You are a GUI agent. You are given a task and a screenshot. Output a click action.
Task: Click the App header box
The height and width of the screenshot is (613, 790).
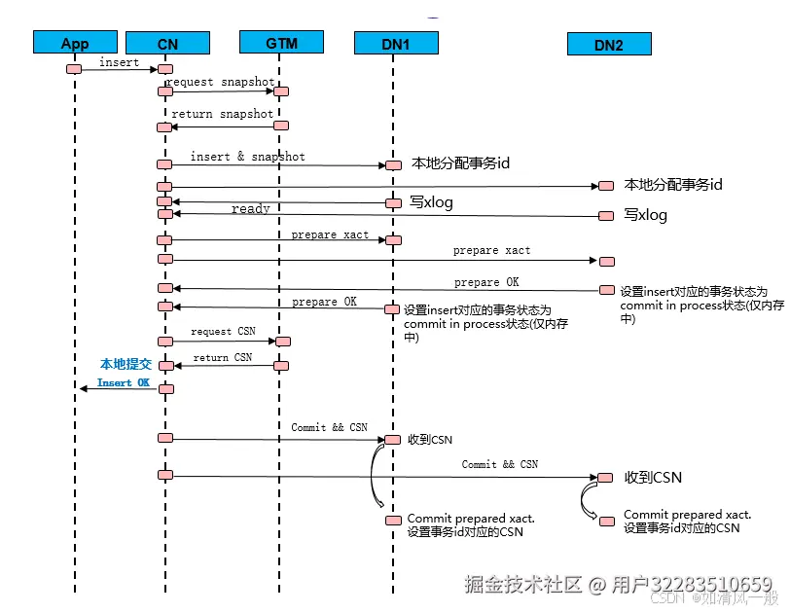[74, 43]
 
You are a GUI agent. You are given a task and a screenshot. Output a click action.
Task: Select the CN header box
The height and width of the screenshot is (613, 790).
[166, 43]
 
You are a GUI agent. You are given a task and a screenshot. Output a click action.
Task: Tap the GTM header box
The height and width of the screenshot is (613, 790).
[281, 43]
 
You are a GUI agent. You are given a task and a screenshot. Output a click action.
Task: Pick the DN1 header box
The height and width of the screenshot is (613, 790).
[394, 44]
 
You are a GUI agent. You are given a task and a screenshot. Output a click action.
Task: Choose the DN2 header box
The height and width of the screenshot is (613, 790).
[608, 45]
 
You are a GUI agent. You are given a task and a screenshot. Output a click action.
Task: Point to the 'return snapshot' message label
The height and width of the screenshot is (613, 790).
[222, 114]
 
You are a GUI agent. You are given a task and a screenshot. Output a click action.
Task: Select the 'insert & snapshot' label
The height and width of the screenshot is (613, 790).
[247, 157]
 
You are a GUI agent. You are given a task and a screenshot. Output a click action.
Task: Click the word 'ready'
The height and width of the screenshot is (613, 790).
[251, 208]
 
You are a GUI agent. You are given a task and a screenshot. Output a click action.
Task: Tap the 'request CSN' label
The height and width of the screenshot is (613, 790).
[223, 332]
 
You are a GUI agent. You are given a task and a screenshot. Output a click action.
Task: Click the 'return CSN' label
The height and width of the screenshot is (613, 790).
[223, 358]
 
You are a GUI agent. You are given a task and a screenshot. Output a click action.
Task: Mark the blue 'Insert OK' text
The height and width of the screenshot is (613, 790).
[124, 383]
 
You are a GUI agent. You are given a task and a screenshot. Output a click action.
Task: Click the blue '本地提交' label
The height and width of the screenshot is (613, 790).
[126, 364]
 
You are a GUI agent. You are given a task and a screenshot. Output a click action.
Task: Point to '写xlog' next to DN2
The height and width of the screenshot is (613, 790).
[645, 215]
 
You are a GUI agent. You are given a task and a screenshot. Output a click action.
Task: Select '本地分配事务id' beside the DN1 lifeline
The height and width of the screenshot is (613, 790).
[461, 163]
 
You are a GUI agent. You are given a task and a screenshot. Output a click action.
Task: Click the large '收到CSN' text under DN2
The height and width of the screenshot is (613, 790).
[653, 477]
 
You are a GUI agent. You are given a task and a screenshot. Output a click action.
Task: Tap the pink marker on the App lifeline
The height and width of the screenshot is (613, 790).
[74, 68]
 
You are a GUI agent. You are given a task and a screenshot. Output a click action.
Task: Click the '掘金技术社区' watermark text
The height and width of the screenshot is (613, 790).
[523, 585]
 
